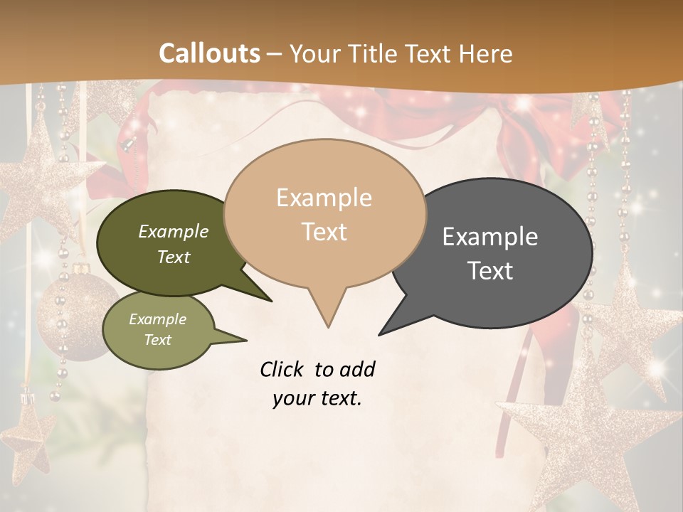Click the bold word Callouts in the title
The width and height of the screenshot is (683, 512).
pyautogui.click(x=209, y=53)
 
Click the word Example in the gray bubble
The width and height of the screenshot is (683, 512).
pyautogui.click(x=490, y=237)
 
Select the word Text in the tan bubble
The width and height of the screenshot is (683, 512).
pyautogui.click(x=324, y=232)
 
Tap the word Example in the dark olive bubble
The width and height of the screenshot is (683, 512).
pyautogui.click(x=174, y=231)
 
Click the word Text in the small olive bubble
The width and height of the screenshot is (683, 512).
pyautogui.click(x=158, y=340)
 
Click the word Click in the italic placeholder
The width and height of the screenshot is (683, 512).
pyautogui.click(x=284, y=369)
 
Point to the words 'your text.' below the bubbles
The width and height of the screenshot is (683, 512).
pyautogui.click(x=317, y=398)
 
